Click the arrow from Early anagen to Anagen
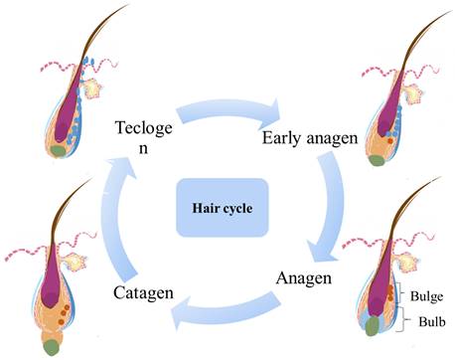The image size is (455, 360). pos(327,209)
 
